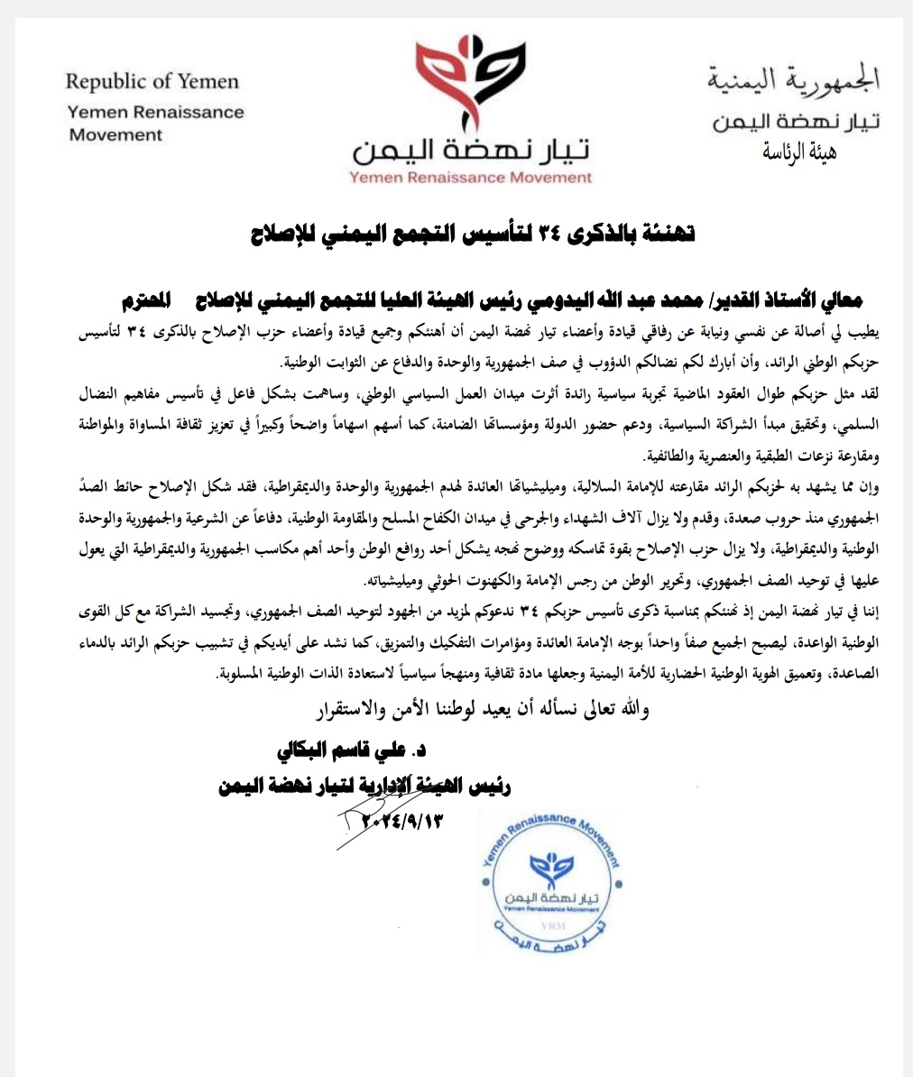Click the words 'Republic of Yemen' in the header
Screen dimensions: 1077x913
click(152, 82)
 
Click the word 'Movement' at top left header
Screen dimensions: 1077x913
click(116, 135)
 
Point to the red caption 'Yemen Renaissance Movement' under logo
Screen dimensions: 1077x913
click(470, 177)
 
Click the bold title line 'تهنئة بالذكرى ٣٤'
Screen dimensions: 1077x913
click(473, 234)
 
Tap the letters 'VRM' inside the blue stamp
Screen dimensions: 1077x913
click(549, 925)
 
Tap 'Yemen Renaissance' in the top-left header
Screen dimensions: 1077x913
click(156, 113)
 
